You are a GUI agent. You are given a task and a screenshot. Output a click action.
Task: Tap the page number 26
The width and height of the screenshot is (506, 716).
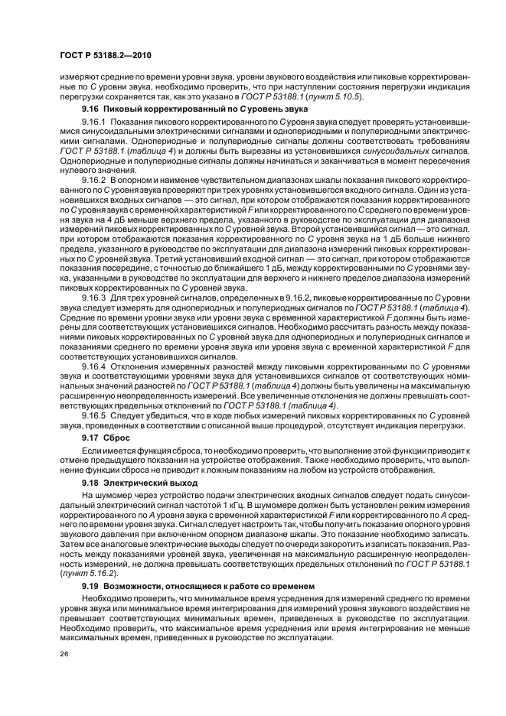[64, 653]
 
